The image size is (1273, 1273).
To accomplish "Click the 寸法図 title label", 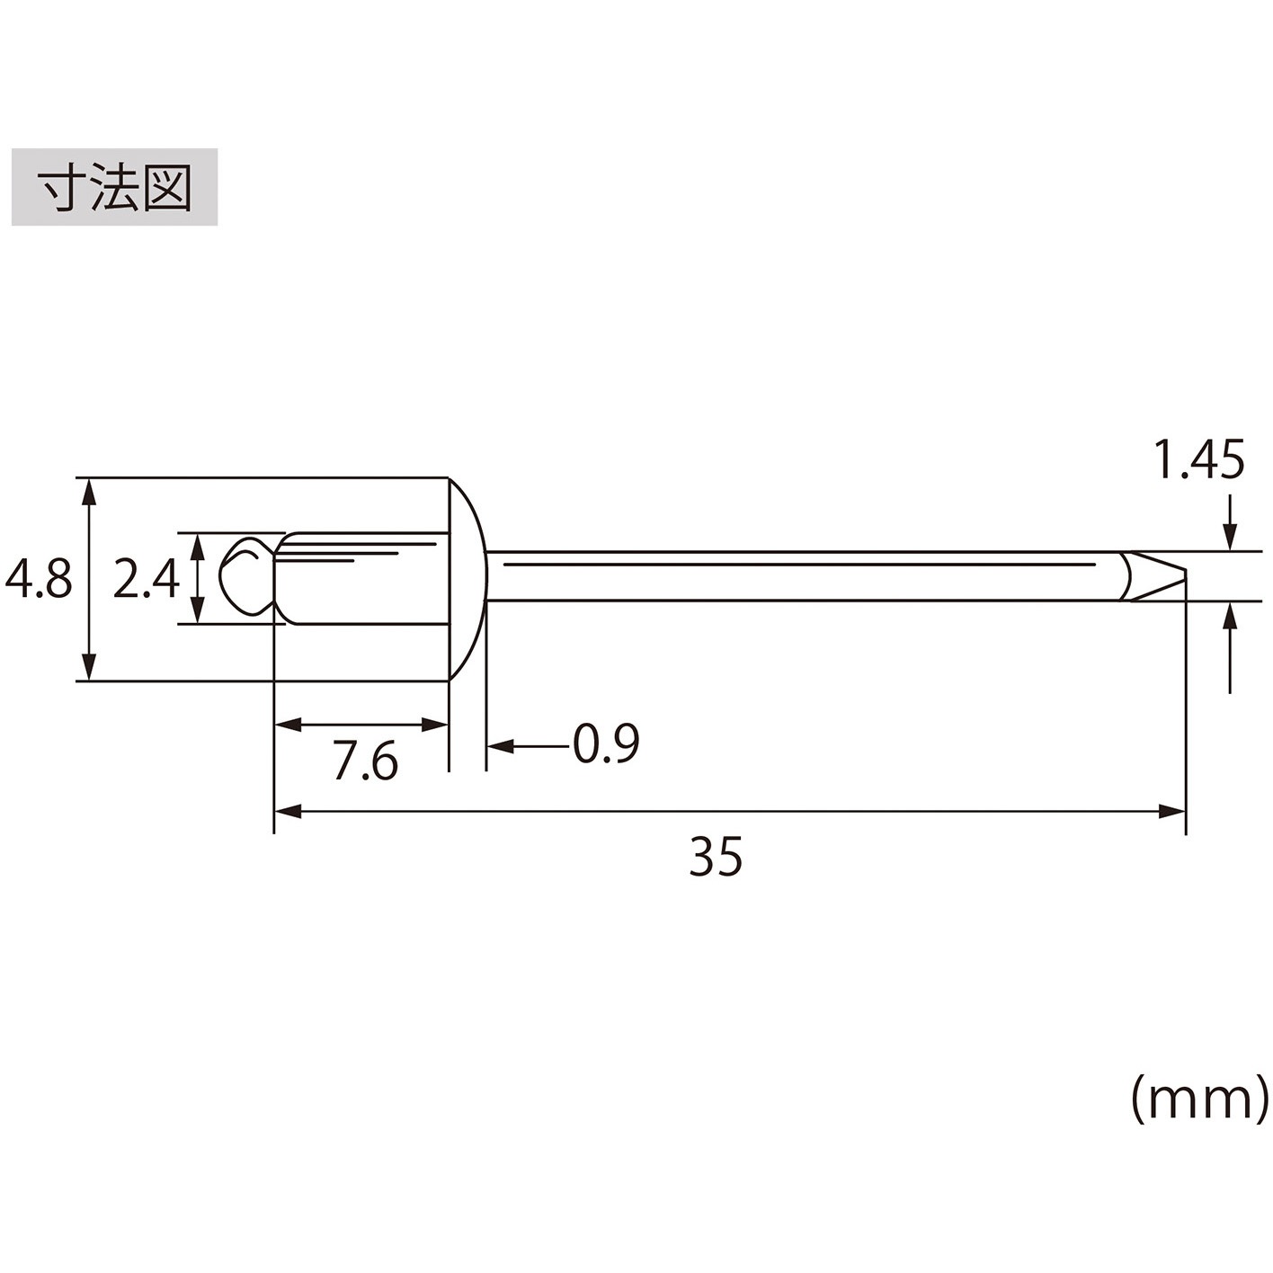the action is (114, 187).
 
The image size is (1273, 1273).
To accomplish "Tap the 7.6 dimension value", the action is (365, 761).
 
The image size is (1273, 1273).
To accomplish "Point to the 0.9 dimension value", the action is (606, 743).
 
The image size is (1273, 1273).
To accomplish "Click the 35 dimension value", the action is (717, 856).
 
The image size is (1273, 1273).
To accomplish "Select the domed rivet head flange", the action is (468, 579).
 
